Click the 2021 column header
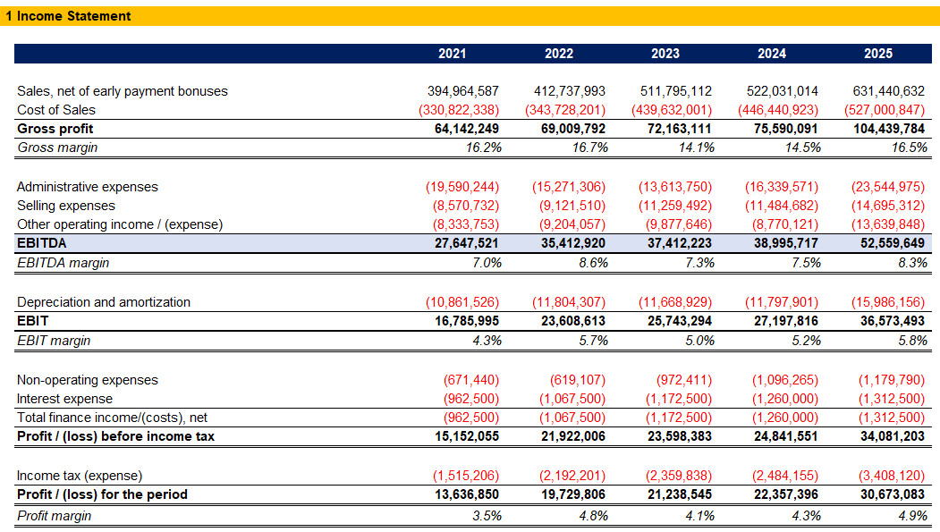pos(452,54)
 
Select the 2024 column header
pos(772,54)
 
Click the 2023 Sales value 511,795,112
pos(675,91)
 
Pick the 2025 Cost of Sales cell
pos(885,110)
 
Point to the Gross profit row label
pos(55,129)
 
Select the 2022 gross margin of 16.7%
pos(590,148)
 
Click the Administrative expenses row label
pos(88,187)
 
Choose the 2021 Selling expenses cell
pos(466,206)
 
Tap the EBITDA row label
pos(41,243)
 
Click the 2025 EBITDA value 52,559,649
pos(892,243)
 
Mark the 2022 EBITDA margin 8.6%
pos(593,263)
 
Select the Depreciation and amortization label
pos(104,302)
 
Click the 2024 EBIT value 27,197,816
pos(786,321)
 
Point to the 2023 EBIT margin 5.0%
pos(699,341)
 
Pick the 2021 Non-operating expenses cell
pos(471,380)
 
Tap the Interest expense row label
pos(64,399)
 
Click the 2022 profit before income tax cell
pos(573,436)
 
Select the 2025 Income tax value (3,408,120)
pos(892,476)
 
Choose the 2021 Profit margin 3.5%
pos(487,516)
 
